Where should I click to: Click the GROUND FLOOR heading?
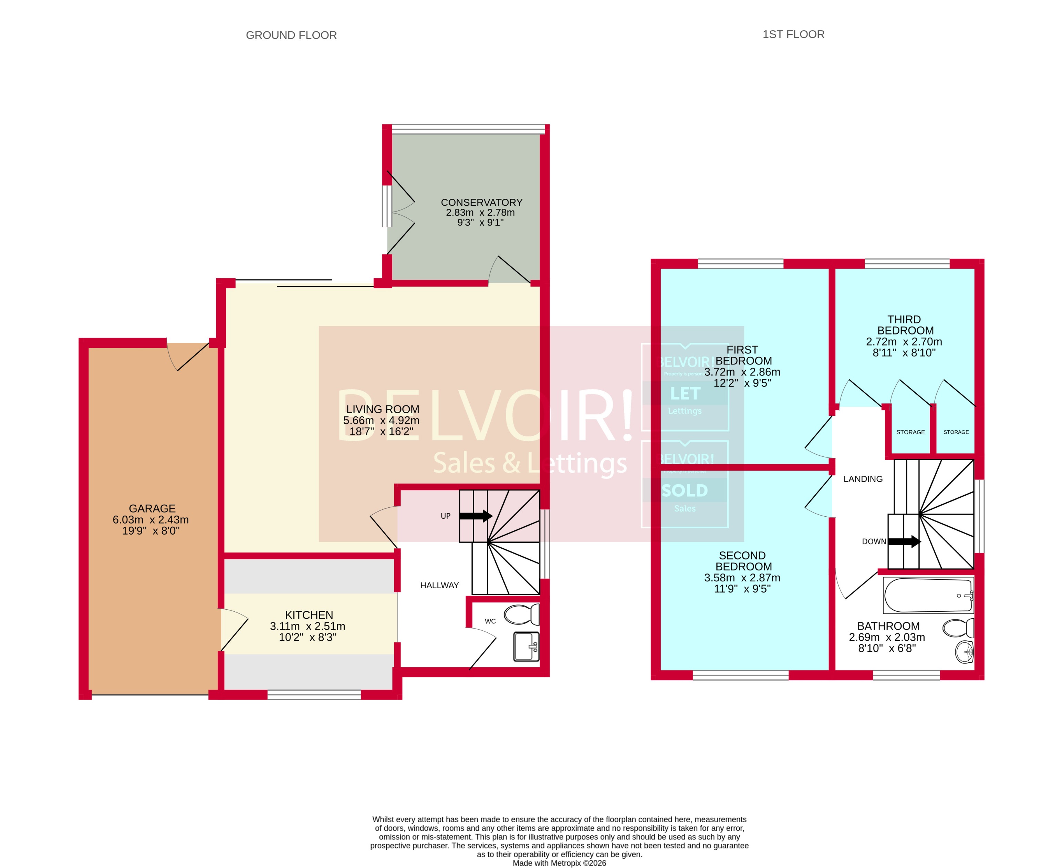tap(291, 35)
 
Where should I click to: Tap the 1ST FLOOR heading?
tap(793, 34)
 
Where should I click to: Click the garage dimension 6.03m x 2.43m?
tap(150, 519)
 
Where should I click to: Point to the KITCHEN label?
tap(309, 615)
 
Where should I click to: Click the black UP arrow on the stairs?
tap(475, 516)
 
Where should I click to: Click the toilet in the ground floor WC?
tap(521, 614)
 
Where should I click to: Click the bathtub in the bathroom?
tap(928, 596)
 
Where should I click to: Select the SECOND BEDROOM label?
tap(743, 561)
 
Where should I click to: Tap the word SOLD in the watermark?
tap(685, 490)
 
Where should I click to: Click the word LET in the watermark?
tap(685, 393)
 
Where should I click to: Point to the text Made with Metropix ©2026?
tap(559, 863)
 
